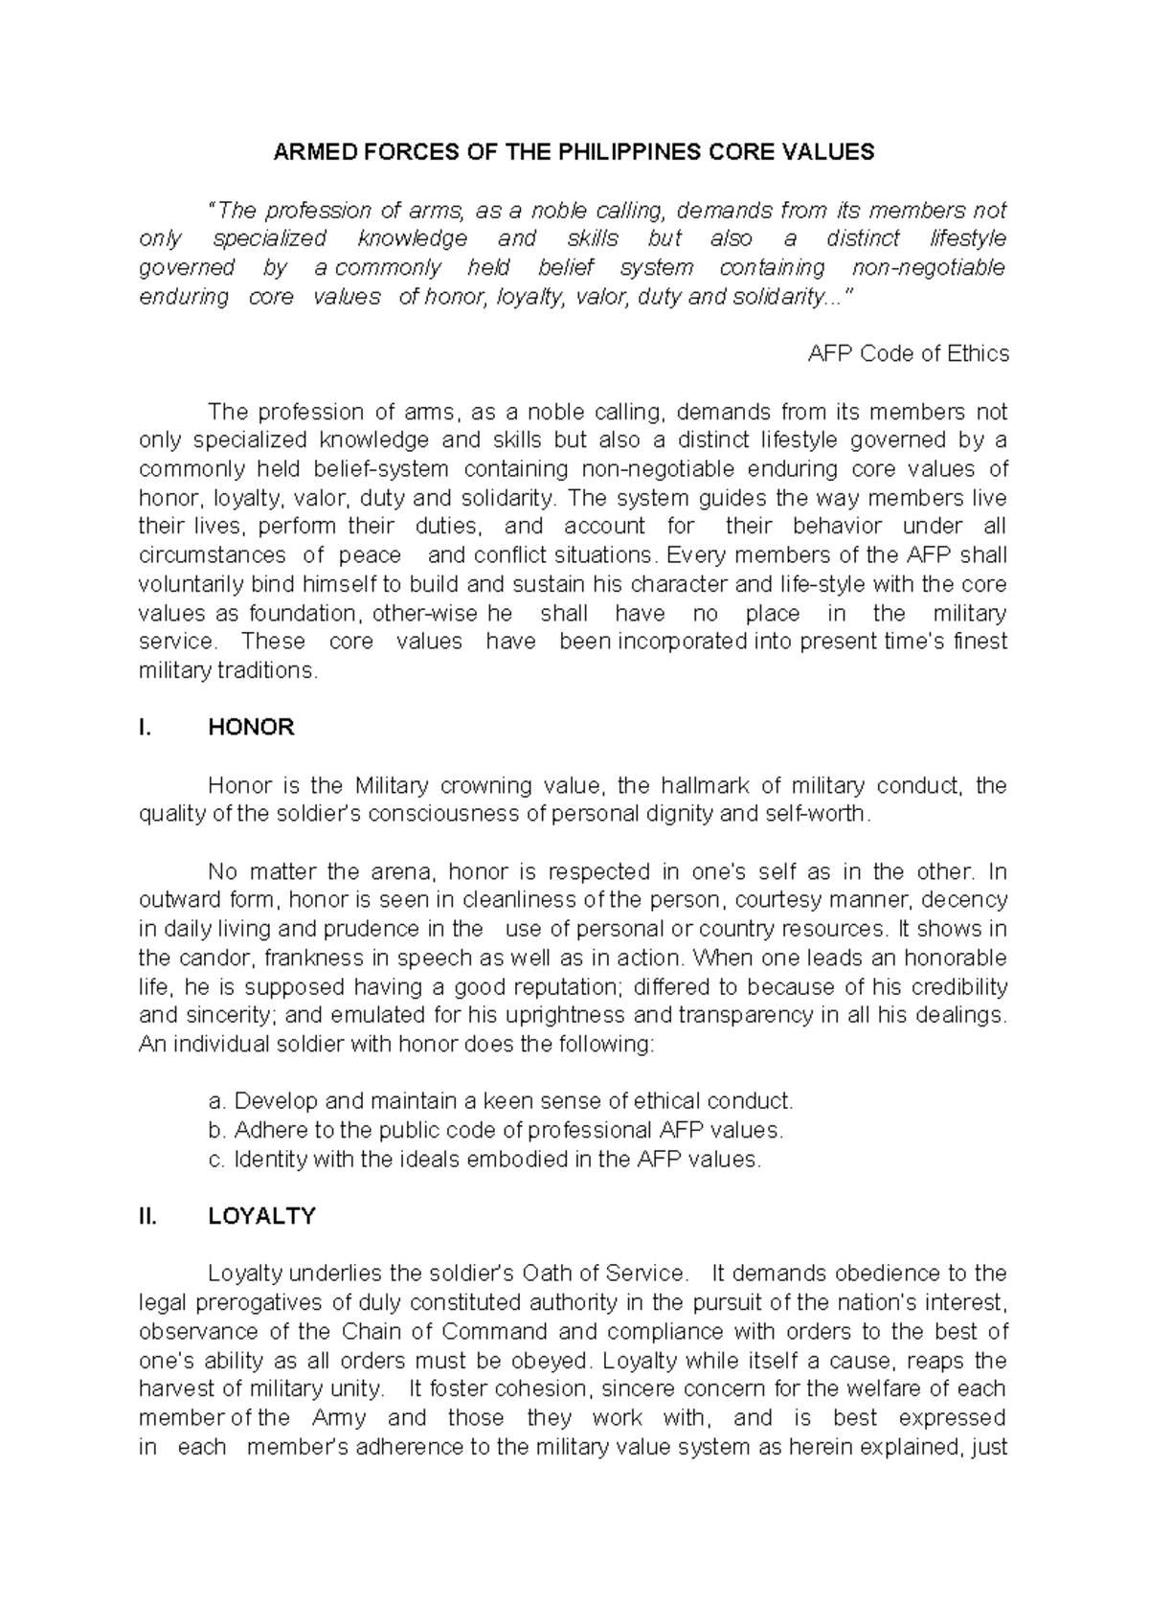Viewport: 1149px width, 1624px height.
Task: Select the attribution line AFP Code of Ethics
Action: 908,353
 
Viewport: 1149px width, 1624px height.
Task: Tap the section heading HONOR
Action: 251,728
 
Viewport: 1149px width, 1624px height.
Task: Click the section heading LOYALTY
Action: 261,1216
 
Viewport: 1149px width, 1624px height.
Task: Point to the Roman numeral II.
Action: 146,1216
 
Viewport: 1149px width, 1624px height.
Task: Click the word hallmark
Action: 685,786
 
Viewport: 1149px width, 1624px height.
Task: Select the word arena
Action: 400,872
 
